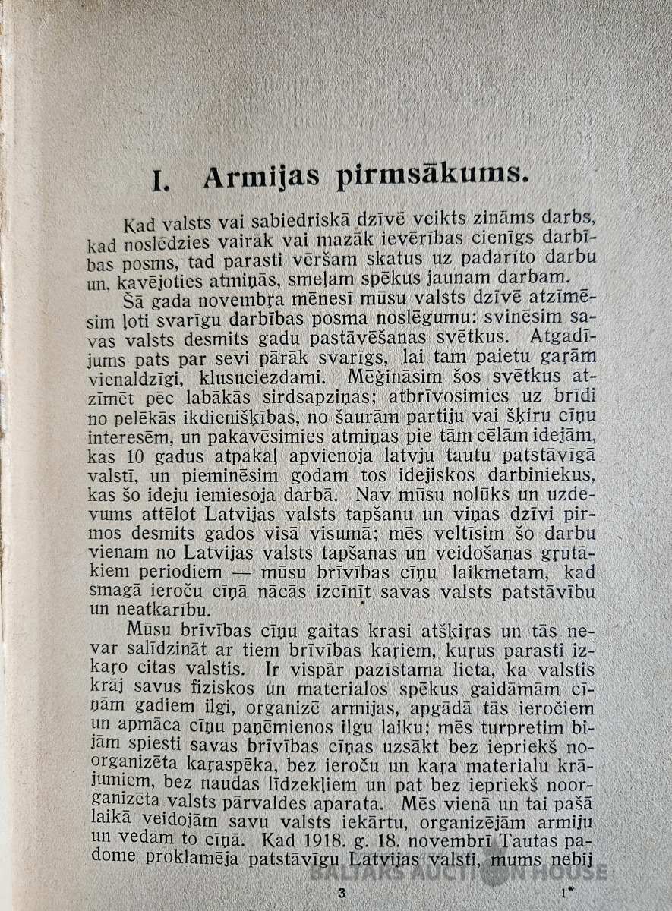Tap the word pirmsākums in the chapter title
[x=431, y=178]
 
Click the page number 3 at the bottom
[x=341, y=893]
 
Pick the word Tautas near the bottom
[x=519, y=836]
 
